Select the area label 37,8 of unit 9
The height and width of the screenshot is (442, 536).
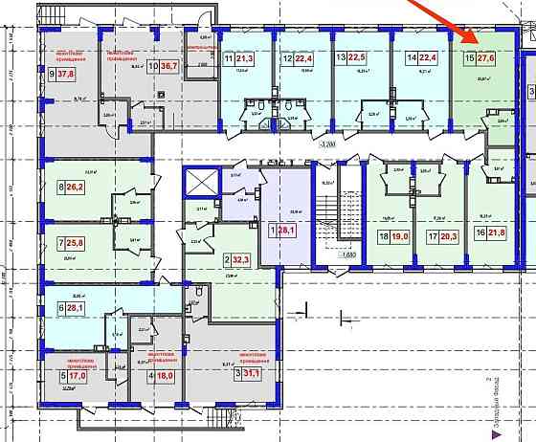click(68, 73)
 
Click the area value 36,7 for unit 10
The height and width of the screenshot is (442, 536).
click(170, 67)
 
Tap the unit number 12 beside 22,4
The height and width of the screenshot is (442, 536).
click(287, 58)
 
